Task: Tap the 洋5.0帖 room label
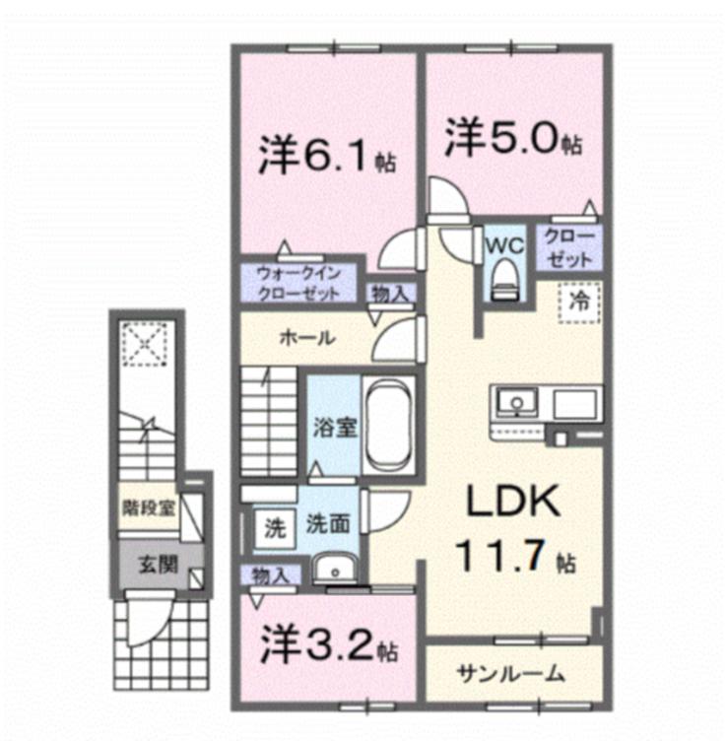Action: tap(511, 139)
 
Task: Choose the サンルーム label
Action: tap(511, 674)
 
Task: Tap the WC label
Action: tap(503, 243)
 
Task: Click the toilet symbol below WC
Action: tap(503, 274)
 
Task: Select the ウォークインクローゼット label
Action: tap(298, 284)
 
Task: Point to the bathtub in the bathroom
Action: tap(389, 427)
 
